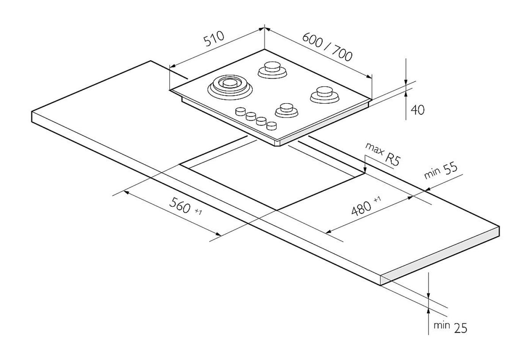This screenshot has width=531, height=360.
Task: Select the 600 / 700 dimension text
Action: [327, 47]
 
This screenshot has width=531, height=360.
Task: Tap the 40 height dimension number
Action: [418, 110]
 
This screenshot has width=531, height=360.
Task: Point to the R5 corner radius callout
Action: [392, 159]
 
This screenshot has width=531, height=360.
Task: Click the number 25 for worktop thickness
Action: [460, 328]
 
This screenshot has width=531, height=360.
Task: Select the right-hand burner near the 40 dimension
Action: [325, 94]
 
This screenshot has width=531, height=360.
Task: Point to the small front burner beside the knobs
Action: [287, 110]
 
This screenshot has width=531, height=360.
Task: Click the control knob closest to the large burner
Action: [240, 111]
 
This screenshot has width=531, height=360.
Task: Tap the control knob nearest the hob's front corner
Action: [272, 126]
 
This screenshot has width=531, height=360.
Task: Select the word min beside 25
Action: [441, 325]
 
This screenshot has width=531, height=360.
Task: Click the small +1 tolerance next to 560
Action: [198, 212]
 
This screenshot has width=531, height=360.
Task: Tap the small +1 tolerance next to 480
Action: [377, 200]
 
